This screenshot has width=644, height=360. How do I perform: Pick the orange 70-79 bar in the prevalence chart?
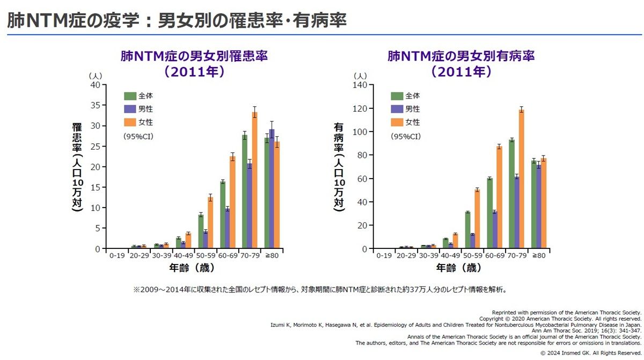(521, 179)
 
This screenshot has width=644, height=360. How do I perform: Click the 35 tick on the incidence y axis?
(94, 105)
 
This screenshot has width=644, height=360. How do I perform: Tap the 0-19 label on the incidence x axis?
(116, 256)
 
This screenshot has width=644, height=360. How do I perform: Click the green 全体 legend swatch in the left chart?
(130, 96)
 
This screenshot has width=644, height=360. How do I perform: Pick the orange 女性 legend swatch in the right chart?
(397, 122)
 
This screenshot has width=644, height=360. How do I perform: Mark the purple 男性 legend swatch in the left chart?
(130, 109)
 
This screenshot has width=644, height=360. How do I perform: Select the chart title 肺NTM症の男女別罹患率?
(194, 56)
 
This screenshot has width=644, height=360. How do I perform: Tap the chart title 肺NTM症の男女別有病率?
(461, 56)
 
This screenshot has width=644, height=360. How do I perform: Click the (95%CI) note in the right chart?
(406, 136)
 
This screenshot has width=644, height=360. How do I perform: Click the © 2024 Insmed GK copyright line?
(590, 353)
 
